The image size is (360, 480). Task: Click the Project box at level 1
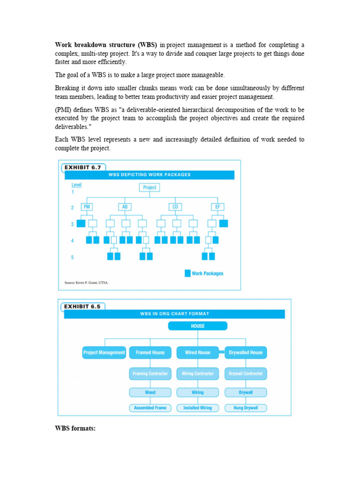(x=150, y=187)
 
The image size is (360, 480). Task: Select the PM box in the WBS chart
(x=86, y=207)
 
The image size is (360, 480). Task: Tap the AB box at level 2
(x=125, y=207)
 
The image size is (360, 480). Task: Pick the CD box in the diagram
(x=175, y=207)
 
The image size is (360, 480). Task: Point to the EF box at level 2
(x=217, y=207)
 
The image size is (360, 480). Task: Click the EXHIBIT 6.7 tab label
(x=82, y=167)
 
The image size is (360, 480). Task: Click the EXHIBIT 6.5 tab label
(x=82, y=307)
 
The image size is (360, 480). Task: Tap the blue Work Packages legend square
(x=187, y=273)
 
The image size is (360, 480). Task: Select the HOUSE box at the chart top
(x=197, y=326)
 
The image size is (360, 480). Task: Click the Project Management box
(x=104, y=352)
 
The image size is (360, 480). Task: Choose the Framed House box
(x=150, y=352)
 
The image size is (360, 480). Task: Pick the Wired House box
(x=197, y=352)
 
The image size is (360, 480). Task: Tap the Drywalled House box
(x=246, y=352)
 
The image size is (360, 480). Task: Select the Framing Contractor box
(x=150, y=374)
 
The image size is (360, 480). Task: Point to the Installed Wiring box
(x=197, y=408)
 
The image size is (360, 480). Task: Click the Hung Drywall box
(x=246, y=408)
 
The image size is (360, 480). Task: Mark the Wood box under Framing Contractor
(x=150, y=392)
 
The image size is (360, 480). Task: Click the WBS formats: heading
(x=75, y=428)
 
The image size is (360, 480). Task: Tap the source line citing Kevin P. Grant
(x=86, y=283)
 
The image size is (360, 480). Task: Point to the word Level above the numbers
(x=76, y=185)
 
